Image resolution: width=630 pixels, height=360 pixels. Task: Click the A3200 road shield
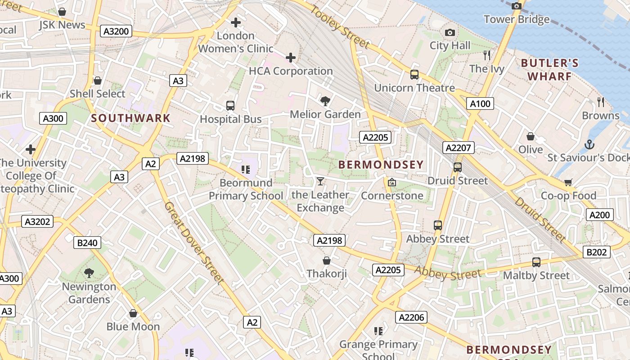pyautogui.click(x=116, y=31)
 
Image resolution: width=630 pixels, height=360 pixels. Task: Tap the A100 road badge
pyautogui.click(x=480, y=104)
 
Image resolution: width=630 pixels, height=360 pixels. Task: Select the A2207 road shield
pyautogui.click(x=459, y=148)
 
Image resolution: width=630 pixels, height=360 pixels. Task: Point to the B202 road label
pyautogui.click(x=597, y=252)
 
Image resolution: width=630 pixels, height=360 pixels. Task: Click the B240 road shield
pyautogui.click(x=87, y=243)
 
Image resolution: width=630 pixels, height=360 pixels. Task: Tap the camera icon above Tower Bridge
pyautogui.click(x=517, y=6)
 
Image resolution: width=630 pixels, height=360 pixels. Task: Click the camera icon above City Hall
pyautogui.click(x=450, y=32)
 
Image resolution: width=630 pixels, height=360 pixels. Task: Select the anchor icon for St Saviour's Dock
pyautogui.click(x=589, y=144)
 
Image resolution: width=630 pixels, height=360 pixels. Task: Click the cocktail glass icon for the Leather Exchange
pyautogui.click(x=320, y=181)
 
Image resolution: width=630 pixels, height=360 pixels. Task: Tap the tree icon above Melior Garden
pyautogui.click(x=325, y=101)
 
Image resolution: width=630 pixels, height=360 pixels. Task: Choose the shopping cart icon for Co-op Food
pyautogui.click(x=568, y=182)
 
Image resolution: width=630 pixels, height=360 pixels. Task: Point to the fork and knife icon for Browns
pyautogui.click(x=600, y=102)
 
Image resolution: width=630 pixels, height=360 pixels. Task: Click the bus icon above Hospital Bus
pyautogui.click(x=230, y=106)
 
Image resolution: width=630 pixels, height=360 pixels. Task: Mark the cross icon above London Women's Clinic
pyautogui.click(x=235, y=22)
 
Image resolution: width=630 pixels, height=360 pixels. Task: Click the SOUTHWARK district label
pyautogui.click(x=131, y=118)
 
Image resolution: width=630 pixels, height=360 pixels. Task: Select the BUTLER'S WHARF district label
pyautogui.click(x=549, y=69)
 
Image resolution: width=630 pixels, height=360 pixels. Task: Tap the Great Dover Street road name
pyautogui.click(x=193, y=243)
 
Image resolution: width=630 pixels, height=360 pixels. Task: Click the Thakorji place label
pyautogui.click(x=327, y=274)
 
